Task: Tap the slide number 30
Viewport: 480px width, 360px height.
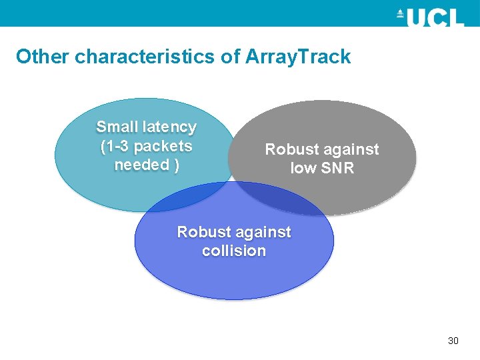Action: coord(453,341)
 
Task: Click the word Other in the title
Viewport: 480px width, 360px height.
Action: coord(43,57)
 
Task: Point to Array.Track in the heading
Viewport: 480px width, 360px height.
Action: coord(298,57)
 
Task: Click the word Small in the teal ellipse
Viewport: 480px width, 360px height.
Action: coord(117,127)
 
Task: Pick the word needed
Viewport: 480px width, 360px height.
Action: coord(142,165)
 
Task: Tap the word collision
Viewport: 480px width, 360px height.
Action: coord(234,251)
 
